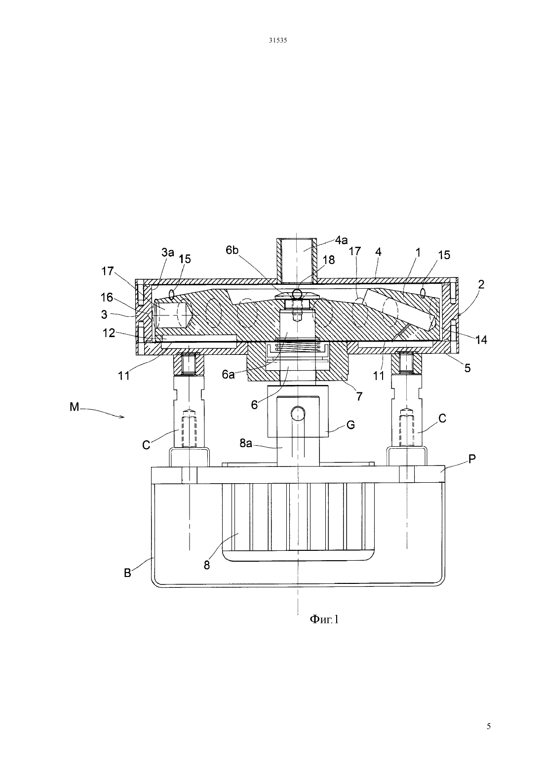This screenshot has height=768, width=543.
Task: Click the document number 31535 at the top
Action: [277, 40]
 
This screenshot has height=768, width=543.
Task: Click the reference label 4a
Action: [341, 240]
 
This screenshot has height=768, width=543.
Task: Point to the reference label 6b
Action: [232, 250]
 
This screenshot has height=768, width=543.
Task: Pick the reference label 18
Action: [328, 260]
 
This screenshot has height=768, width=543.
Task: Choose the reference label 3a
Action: [168, 253]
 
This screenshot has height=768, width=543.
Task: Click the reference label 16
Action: [107, 297]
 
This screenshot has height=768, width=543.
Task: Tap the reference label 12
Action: [109, 333]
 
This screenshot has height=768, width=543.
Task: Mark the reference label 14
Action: [481, 340]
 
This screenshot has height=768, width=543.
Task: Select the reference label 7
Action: [359, 396]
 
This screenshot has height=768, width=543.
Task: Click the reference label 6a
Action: [228, 375]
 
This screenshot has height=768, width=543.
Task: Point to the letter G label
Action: [350, 425]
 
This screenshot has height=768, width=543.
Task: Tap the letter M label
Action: [75, 407]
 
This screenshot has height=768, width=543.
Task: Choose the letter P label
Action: [472, 459]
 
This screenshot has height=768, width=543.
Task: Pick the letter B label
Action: [127, 573]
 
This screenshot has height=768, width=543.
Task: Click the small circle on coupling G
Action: [298, 414]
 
